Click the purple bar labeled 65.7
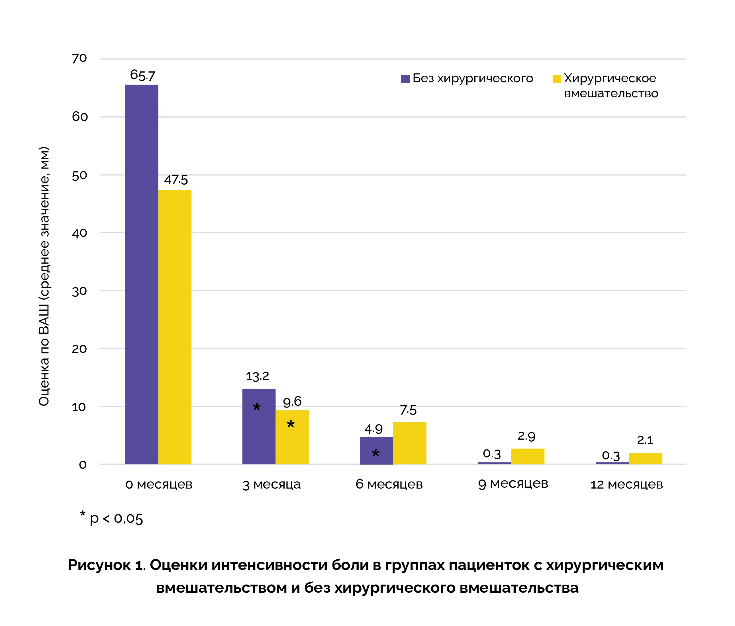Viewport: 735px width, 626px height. [x=142, y=274]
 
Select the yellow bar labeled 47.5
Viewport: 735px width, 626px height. [x=175, y=327]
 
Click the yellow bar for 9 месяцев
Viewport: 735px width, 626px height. [x=528, y=456]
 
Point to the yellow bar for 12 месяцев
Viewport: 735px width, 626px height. [x=645, y=458]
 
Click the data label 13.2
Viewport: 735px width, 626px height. [x=257, y=376]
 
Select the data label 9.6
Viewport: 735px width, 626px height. [x=292, y=401]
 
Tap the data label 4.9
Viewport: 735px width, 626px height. [x=373, y=429]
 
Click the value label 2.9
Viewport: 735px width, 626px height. [x=526, y=436]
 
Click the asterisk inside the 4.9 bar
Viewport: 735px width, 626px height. [x=375, y=453]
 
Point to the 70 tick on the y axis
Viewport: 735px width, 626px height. [x=79, y=58]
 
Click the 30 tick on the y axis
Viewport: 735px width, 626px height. [x=79, y=291]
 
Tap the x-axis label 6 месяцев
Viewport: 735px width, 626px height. [x=389, y=484]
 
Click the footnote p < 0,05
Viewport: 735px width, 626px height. [x=116, y=519]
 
